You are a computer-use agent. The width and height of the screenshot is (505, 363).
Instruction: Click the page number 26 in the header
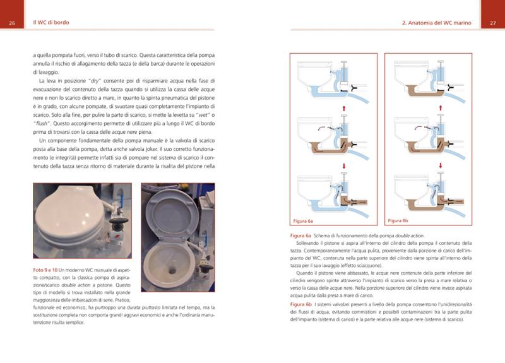(x=12, y=23)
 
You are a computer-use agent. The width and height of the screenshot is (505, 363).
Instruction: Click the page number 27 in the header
(x=492, y=23)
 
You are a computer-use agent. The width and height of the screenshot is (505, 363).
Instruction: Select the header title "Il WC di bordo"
(x=51, y=23)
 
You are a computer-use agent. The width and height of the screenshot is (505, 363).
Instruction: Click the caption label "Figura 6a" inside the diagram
(x=303, y=221)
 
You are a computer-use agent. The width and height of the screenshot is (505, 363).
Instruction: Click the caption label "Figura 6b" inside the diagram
(x=398, y=221)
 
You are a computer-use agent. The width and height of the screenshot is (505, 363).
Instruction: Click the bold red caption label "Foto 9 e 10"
(x=45, y=270)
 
